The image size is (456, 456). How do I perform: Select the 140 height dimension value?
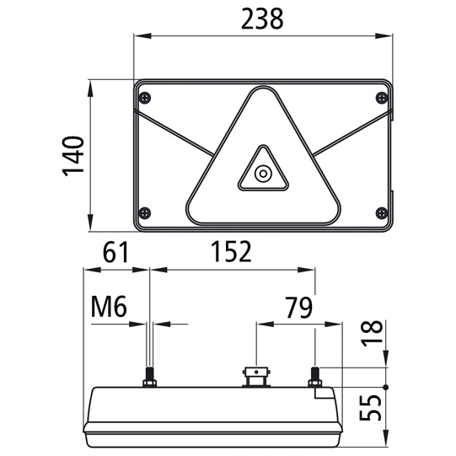pyautogui.click(x=75, y=156)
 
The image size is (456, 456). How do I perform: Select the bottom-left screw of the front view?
pyautogui.click(x=147, y=212)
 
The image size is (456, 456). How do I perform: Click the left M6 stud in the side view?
pyautogui.click(x=149, y=376)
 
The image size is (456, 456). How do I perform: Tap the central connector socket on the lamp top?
pyautogui.click(x=254, y=375)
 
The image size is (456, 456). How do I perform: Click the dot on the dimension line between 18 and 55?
pyautogui.click(x=386, y=387)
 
